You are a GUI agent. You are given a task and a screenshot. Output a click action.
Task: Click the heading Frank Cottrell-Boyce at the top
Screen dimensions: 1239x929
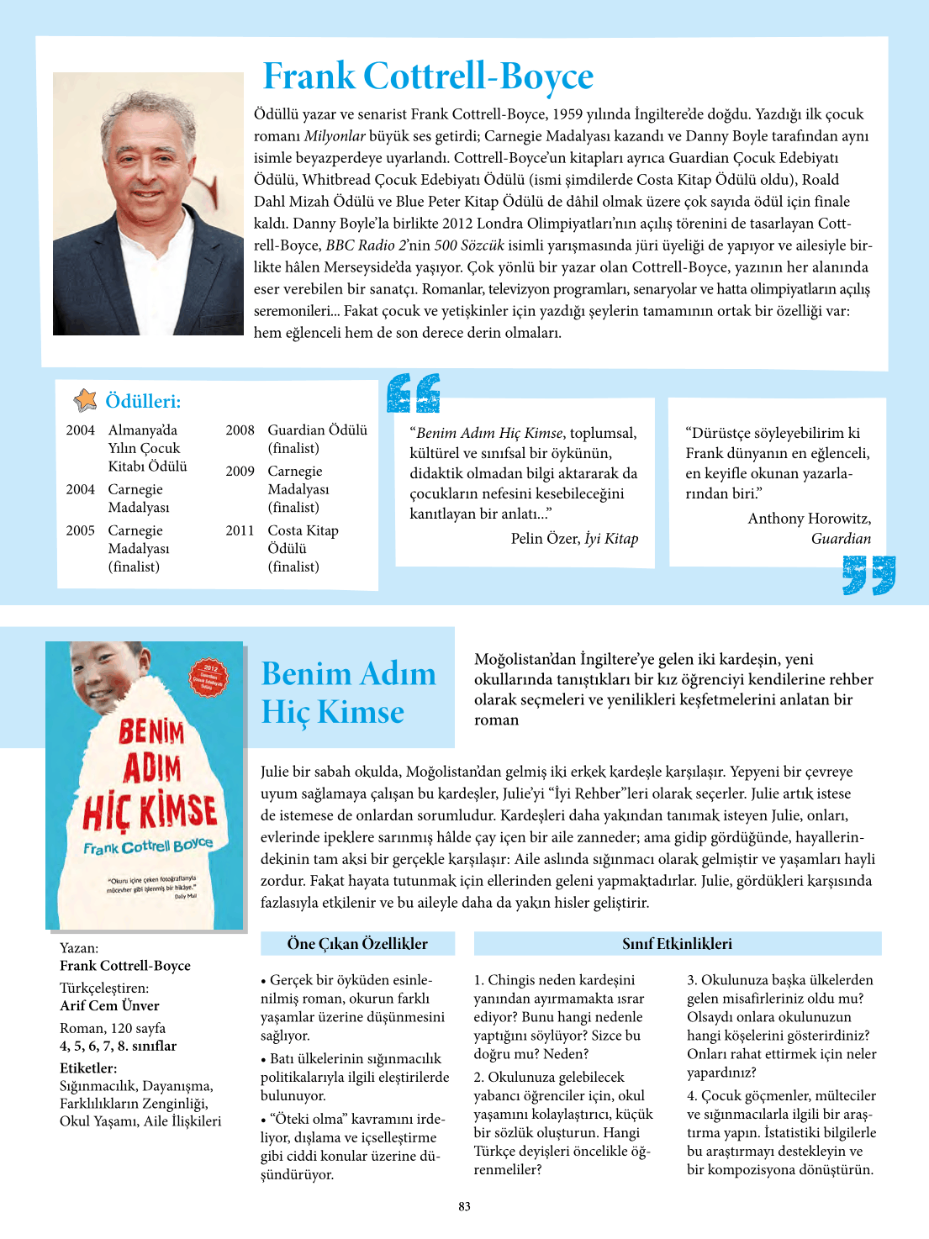coord(428,76)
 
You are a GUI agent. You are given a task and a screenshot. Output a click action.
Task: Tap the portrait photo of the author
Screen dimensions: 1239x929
coord(148,203)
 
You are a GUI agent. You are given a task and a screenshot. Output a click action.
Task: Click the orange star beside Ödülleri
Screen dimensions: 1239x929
coord(85,401)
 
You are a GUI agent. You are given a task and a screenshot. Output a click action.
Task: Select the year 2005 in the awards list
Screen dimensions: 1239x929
coord(81,530)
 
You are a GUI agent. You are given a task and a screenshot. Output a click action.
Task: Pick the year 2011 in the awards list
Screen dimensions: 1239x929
coord(240,530)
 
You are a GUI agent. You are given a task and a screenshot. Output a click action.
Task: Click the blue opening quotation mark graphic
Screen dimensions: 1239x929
coord(413,393)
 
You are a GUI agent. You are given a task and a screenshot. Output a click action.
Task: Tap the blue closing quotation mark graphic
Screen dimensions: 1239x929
coord(868,576)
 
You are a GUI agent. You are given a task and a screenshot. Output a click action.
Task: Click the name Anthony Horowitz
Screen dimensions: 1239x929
coord(809,519)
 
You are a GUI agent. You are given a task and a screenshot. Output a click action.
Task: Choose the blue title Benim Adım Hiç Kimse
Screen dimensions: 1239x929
coord(348,693)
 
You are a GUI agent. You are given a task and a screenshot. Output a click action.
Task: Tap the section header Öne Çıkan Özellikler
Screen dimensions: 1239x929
coord(357,944)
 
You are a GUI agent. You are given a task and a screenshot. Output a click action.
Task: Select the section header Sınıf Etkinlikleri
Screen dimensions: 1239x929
coord(677,944)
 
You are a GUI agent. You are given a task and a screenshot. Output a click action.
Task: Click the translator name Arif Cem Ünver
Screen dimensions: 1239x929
coord(109,1005)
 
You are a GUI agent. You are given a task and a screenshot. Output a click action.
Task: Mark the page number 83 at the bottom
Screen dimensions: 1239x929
coord(464,1206)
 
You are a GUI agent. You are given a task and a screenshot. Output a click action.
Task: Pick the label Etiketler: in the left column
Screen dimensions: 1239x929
coord(88,1068)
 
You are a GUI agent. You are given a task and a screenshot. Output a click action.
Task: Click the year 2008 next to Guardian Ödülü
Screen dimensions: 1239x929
coord(240,430)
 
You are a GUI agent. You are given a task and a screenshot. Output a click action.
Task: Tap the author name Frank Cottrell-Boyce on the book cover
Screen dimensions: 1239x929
coord(148,846)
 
